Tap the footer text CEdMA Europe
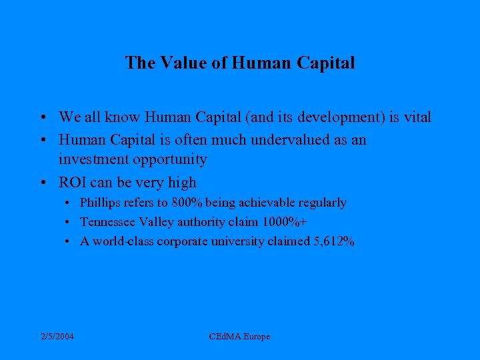click(x=239, y=337)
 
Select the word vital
click(x=417, y=117)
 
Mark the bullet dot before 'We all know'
click(x=42, y=118)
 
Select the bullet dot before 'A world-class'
click(x=69, y=242)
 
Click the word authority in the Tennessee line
click(x=196, y=222)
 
